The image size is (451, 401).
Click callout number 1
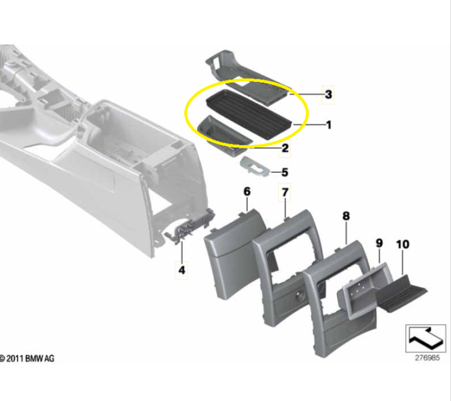click(x=329, y=125)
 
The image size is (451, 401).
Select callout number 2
click(x=285, y=148)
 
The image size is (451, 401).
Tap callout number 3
click(x=328, y=94)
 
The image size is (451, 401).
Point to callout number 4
click(x=182, y=270)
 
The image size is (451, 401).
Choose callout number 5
click(x=285, y=172)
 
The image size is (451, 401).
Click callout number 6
click(x=247, y=191)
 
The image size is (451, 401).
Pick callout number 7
click(x=285, y=192)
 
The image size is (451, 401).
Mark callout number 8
click(x=347, y=216)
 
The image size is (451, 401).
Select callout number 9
click(x=379, y=243)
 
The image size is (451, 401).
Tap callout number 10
click(x=403, y=244)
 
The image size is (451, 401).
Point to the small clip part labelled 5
click(x=255, y=166)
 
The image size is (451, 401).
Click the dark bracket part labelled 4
click(x=190, y=228)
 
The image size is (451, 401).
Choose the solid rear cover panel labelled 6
click(x=235, y=253)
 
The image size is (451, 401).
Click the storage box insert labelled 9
click(x=365, y=291)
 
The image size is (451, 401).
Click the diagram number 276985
click(x=427, y=358)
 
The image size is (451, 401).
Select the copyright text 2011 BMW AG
click(x=30, y=358)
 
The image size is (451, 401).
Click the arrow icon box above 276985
click(x=426, y=338)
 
